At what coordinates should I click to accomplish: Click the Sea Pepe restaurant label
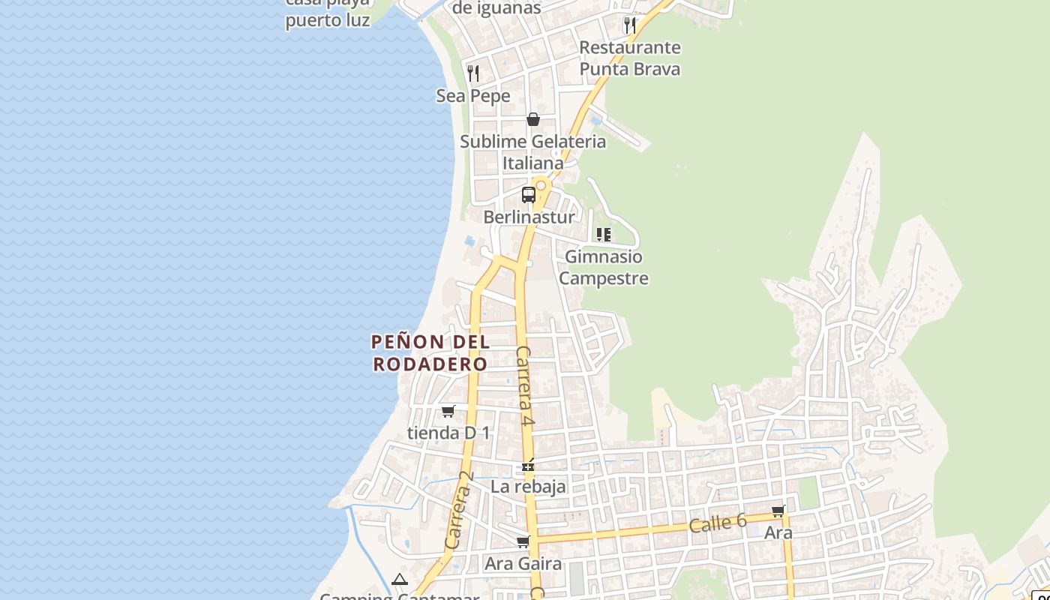pyautogui.click(x=473, y=96)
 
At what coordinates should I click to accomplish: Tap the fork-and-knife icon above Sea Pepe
pyautogui.click(x=473, y=73)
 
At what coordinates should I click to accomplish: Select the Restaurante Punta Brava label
pyautogui.click(x=630, y=58)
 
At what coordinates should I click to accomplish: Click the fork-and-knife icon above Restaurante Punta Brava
pyautogui.click(x=630, y=25)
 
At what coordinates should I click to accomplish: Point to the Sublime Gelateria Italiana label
pyautogui.click(x=532, y=151)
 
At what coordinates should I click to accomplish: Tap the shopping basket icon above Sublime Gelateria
pyautogui.click(x=532, y=119)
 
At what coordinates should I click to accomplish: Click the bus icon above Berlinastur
pyautogui.click(x=529, y=195)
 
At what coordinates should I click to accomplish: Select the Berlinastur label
pyautogui.click(x=529, y=217)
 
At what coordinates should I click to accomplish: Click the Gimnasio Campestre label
pyautogui.click(x=604, y=268)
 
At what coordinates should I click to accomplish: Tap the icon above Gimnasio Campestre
pyautogui.click(x=604, y=235)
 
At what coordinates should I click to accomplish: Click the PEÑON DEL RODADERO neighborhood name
pyautogui.click(x=430, y=353)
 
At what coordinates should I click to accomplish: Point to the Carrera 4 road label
pyautogui.click(x=525, y=387)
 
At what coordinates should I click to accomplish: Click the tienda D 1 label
pyautogui.click(x=448, y=433)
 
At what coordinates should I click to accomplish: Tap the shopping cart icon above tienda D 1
pyautogui.click(x=448, y=411)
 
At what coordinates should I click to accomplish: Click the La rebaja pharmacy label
pyautogui.click(x=528, y=487)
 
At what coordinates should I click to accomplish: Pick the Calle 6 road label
pyautogui.click(x=718, y=523)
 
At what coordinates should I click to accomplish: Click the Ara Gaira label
pyautogui.click(x=523, y=563)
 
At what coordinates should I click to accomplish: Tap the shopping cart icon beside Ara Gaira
pyautogui.click(x=523, y=541)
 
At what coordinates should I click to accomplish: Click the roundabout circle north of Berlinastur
pyautogui.click(x=540, y=185)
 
